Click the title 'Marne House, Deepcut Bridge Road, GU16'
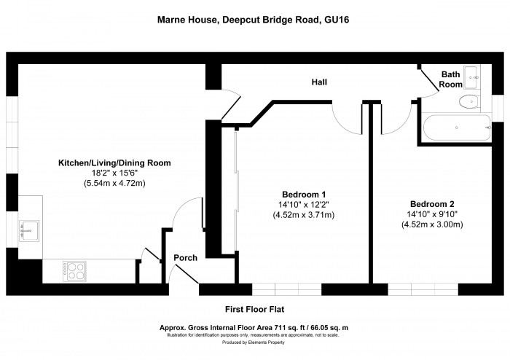coord(254,20)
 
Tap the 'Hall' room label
coord(318,82)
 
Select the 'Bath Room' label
coord(452,79)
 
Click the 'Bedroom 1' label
coord(304,195)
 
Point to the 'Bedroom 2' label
coord(432,203)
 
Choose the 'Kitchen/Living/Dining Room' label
coord(114,163)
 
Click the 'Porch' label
coord(185,257)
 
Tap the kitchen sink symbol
coord(30,230)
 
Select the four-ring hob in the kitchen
coord(76,270)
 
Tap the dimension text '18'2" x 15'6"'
coord(114,173)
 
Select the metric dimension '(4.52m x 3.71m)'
coord(304,215)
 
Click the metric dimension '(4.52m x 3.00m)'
coord(432,224)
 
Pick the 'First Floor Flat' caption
coord(254,309)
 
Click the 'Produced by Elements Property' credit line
coord(254,342)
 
